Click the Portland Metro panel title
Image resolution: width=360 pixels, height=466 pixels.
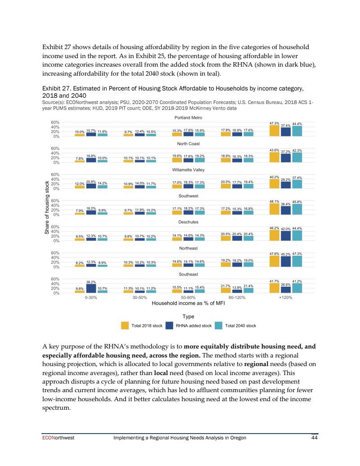(x=188, y=118)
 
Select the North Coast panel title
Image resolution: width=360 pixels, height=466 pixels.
(x=188, y=144)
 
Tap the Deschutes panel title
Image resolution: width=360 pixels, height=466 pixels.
(x=188, y=222)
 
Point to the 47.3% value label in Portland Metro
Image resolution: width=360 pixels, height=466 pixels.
(x=274, y=123)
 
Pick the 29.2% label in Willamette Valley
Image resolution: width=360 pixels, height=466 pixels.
(x=285, y=180)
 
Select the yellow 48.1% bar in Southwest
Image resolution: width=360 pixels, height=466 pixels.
(x=274, y=209)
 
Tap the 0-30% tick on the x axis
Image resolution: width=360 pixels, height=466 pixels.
(x=91, y=298)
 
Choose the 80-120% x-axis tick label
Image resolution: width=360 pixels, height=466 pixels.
(x=237, y=298)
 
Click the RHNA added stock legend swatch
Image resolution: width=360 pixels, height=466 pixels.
(x=170, y=326)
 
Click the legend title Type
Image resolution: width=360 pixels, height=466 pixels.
(x=188, y=317)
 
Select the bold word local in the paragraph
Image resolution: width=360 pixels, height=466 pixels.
(x=161, y=373)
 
